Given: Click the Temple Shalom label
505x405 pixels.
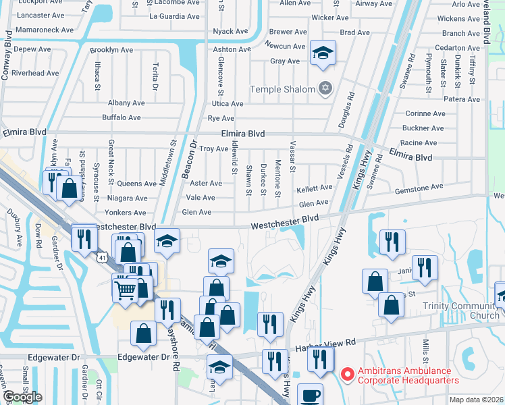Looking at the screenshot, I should point(282,89).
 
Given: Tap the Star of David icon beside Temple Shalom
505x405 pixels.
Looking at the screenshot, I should point(325,88).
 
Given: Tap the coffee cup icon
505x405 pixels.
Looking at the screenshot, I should point(311,395).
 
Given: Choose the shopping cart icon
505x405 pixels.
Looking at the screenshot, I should point(125,290).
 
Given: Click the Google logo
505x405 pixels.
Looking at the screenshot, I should point(22,397).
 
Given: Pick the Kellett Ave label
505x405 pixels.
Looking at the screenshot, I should point(315,188).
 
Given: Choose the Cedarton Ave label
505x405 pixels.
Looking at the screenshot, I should point(458,48).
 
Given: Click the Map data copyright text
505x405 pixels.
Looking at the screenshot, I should point(476,400).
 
